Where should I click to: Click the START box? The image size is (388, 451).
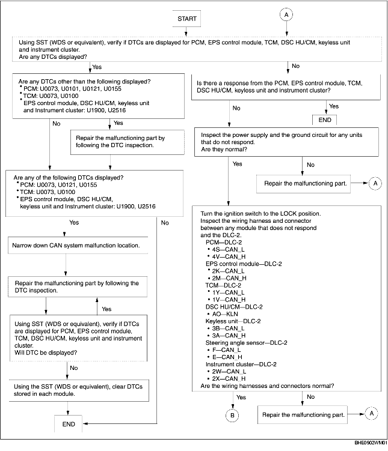click(x=186, y=19)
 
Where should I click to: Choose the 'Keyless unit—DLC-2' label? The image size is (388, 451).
click(x=229, y=321)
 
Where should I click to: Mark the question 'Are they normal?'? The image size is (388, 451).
click(x=222, y=149)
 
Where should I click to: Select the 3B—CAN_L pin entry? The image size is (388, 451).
click(x=226, y=328)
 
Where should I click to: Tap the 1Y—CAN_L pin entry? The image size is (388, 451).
click(x=226, y=291)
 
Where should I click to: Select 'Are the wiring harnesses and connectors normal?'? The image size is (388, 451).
click(x=267, y=386)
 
